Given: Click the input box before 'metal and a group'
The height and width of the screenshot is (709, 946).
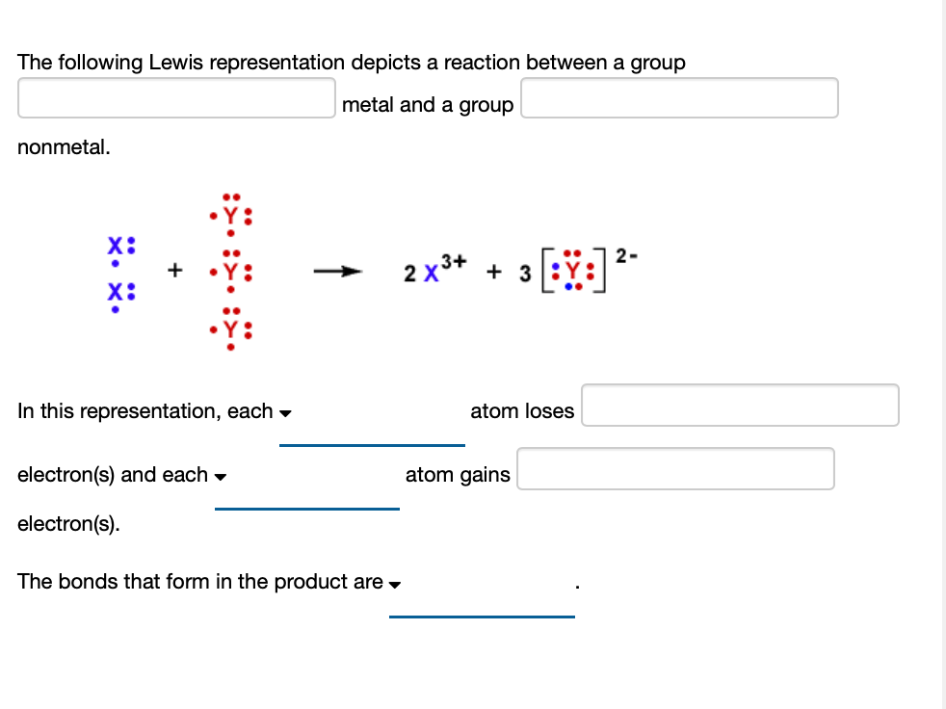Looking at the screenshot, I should click(x=176, y=98).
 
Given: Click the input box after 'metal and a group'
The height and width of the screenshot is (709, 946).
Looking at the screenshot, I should click(x=679, y=98).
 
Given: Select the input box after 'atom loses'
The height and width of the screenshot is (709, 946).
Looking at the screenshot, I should click(x=740, y=406).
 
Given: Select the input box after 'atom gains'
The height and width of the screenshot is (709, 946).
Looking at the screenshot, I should click(x=675, y=469).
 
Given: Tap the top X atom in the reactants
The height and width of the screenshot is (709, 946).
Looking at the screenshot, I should click(x=115, y=245).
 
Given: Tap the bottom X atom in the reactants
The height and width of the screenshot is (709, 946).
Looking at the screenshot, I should click(x=115, y=292).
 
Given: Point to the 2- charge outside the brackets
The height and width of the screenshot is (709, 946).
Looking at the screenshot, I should click(x=625, y=255).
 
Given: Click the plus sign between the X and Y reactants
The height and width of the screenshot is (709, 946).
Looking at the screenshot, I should click(x=175, y=272).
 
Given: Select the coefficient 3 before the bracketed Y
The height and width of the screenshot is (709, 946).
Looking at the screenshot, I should click(x=525, y=275).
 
